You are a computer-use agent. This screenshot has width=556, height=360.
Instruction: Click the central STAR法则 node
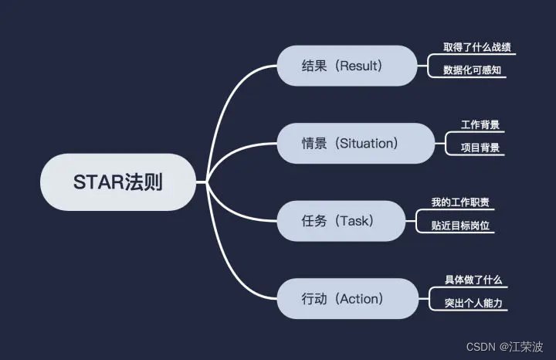pyautogui.click(x=118, y=182)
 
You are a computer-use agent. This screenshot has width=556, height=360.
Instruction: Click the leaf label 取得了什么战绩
pyautogui.click(x=476, y=47)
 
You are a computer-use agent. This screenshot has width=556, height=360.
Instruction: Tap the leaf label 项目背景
pyautogui.click(x=480, y=148)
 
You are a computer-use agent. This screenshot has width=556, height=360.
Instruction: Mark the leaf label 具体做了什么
pyautogui.click(x=473, y=280)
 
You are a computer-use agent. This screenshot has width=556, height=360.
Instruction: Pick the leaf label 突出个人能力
pyautogui.click(x=473, y=303)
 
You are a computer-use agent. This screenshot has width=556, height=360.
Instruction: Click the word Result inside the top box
pyautogui.click(x=360, y=66)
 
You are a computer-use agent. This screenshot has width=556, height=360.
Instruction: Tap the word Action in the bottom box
pyautogui.click(x=360, y=298)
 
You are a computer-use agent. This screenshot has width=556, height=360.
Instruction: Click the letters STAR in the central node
pyautogui.click(x=94, y=182)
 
